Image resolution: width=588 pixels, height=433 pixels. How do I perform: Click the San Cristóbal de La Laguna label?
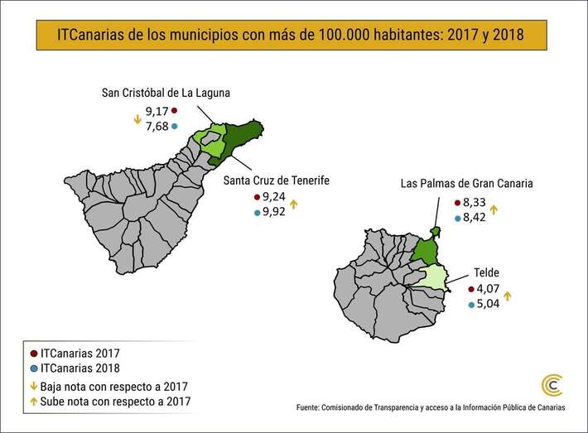pyautogui.click(x=165, y=92)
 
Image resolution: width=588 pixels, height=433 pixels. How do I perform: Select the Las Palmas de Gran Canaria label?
pyautogui.click(x=466, y=184)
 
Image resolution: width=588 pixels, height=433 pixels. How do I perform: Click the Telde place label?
pyautogui.click(x=486, y=272)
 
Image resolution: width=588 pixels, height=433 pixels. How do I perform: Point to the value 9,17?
pyautogui.click(x=157, y=110)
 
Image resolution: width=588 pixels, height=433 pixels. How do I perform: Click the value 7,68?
pyautogui.click(x=157, y=126)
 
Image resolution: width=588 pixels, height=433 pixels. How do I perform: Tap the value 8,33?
pyautogui.click(x=476, y=203)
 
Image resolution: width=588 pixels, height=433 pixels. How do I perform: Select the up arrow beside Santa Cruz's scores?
pyautogui.click(x=294, y=204)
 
